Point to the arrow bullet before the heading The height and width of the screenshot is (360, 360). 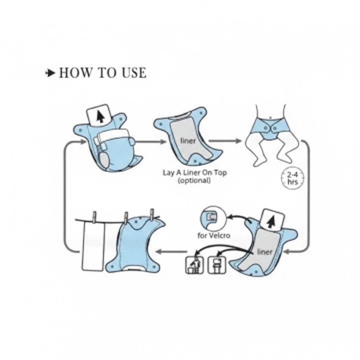(x=50, y=73)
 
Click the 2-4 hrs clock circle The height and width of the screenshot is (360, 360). (x=292, y=178)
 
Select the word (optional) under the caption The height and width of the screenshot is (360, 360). (x=194, y=180)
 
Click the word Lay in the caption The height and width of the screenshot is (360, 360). (x=168, y=173)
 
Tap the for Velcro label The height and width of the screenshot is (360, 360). (x=214, y=236)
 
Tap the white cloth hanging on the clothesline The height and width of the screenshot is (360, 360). (x=93, y=246)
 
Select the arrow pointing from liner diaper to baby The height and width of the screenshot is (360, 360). (x=225, y=141)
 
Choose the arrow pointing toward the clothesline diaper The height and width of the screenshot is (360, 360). (x=171, y=251)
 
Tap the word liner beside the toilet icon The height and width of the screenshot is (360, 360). (x=265, y=252)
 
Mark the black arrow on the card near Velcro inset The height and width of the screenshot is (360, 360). (x=271, y=222)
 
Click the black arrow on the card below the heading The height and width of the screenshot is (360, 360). (x=100, y=117)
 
